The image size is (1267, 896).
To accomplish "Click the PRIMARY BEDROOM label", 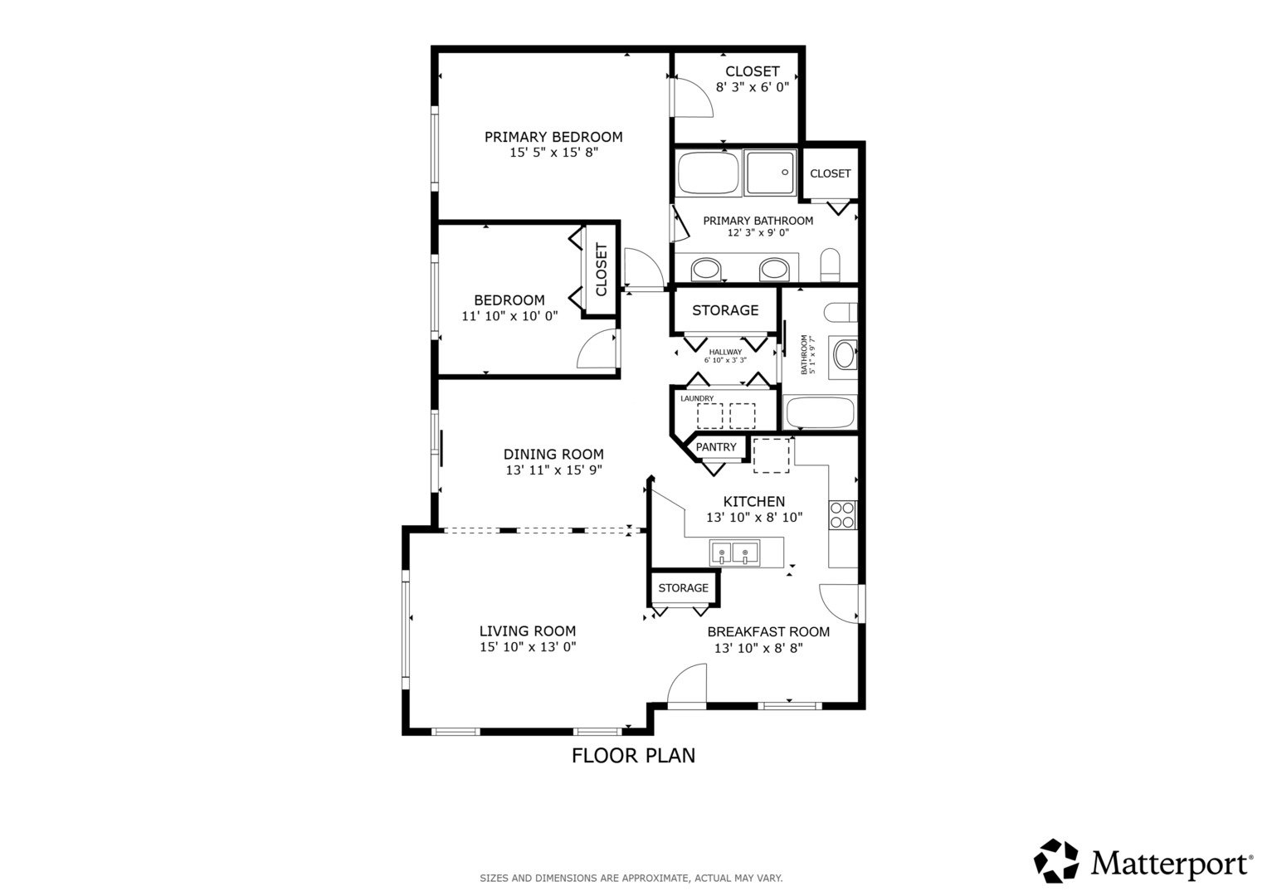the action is point(553,137).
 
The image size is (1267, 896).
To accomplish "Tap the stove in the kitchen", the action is point(842,515).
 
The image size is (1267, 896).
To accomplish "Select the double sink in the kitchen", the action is point(735,553).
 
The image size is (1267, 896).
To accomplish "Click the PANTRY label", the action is point(716,447).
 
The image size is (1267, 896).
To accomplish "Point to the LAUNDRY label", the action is point(697,398).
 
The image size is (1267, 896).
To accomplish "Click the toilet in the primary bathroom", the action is point(831,264).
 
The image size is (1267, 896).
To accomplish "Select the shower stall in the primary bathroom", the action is point(770,173).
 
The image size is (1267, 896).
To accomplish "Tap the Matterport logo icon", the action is point(1056,860).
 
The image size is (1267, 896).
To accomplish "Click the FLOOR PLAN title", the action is point(633,756).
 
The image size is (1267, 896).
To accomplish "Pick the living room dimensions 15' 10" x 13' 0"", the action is point(528,646).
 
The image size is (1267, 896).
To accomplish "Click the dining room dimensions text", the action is point(553,470).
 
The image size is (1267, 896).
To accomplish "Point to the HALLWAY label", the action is point(725,352).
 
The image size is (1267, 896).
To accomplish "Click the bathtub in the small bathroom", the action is point(820,412).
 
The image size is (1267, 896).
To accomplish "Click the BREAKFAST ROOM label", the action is point(768,632).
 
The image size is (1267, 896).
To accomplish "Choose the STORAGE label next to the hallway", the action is point(725,310).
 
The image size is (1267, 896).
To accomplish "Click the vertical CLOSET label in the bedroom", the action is point(602,270).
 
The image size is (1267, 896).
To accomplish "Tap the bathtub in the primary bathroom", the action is point(708,173).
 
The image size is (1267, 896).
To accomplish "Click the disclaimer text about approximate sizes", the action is point(631,878).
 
